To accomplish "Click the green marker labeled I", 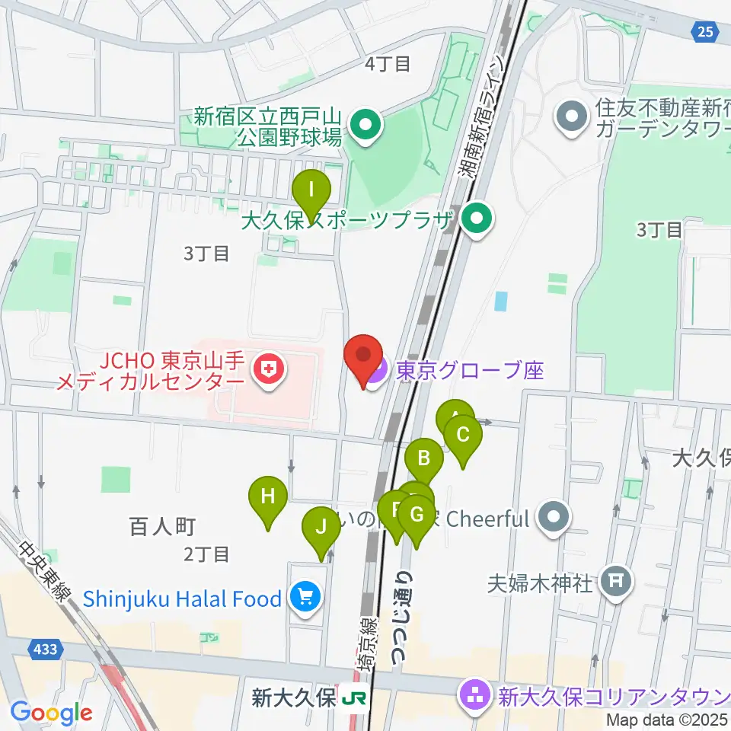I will pyautogui.click(x=311, y=193).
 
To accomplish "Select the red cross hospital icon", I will pyautogui.click(x=268, y=372).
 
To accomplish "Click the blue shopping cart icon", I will pyautogui.click(x=306, y=598).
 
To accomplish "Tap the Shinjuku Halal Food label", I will pyautogui.click(x=182, y=599).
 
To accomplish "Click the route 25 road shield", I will pyautogui.click(x=705, y=31).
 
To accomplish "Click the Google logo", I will pyautogui.click(x=51, y=713).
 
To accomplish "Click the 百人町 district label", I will pyautogui.click(x=164, y=525).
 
